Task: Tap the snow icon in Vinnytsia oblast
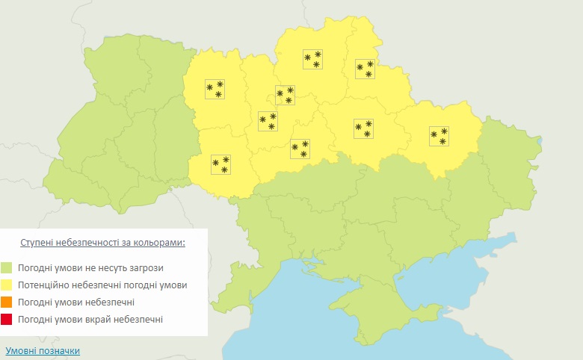[220, 164]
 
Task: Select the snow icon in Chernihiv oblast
[312, 60]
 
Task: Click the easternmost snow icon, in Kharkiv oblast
[439, 136]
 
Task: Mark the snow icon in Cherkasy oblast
[300, 149]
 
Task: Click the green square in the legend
[7, 267]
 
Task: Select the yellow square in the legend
[7, 285]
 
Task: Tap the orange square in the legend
[7, 302]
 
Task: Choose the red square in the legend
[7, 320]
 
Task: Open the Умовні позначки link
[43, 350]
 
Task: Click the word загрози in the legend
[144, 267]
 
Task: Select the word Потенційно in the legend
[47, 285]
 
